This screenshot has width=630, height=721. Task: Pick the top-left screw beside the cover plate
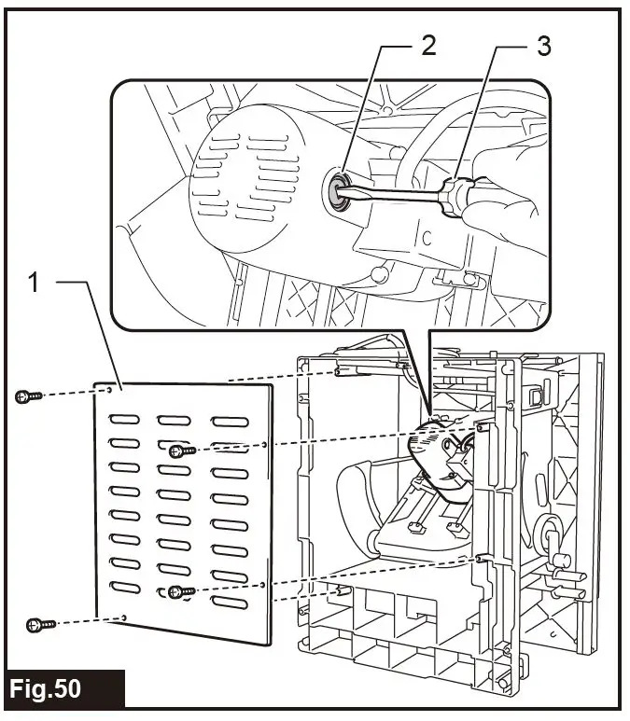tap(28, 396)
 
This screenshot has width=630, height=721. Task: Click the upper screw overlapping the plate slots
tap(183, 451)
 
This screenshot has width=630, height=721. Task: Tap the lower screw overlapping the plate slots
tap(181, 590)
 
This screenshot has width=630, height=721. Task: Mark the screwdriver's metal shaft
tap(392, 191)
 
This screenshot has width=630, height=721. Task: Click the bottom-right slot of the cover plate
tap(229, 605)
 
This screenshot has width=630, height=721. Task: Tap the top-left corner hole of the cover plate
tap(111, 391)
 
